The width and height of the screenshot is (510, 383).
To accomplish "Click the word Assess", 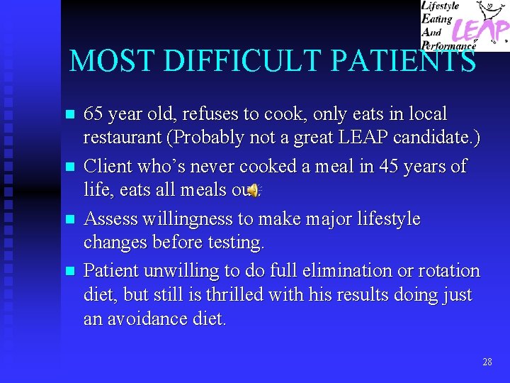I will click(106, 218).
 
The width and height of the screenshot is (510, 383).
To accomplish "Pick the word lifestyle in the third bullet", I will click(389, 218).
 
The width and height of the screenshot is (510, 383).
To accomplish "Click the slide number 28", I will click(487, 362).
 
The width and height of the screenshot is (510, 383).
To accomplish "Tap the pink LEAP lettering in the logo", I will click(482, 30).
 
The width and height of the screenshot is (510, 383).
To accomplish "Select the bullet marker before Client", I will click(69, 167).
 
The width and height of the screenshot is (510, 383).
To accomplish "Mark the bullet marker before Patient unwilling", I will click(69, 272).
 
